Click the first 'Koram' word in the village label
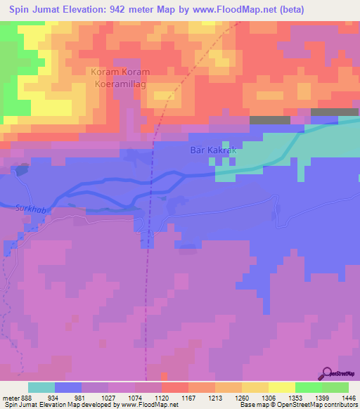point(103,72)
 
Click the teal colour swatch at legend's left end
point(41,387)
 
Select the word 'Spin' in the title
point(21,11)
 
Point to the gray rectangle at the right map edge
point(335,112)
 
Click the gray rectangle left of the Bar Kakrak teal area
point(269,120)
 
